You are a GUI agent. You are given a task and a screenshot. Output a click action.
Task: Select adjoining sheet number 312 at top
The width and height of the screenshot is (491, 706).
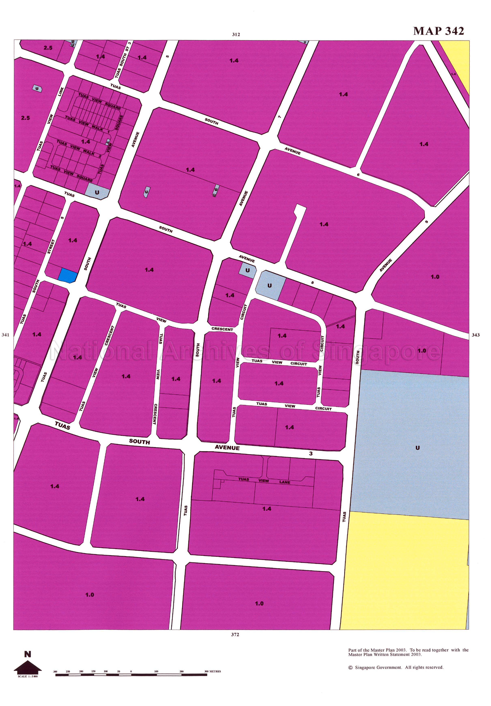[236, 35]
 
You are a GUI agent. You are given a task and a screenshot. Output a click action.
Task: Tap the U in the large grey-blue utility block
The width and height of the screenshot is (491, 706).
[417, 448]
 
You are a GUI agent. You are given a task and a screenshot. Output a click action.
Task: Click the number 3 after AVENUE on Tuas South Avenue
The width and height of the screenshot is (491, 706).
[311, 453]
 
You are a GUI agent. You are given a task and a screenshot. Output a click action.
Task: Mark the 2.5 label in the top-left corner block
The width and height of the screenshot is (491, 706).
[48, 48]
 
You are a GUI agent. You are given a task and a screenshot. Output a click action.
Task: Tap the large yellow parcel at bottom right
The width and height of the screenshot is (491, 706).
[406, 569]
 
